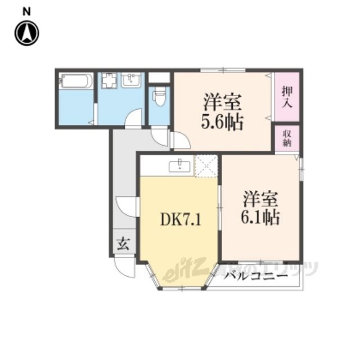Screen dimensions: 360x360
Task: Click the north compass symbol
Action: [x=26, y=33]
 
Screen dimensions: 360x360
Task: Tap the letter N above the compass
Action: [x=26, y=11]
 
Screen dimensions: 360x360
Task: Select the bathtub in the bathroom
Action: [x=76, y=81]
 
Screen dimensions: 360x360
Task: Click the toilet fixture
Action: [x=159, y=95]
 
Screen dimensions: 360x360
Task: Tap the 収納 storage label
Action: [x=287, y=138]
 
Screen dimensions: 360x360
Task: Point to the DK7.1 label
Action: [x=181, y=219]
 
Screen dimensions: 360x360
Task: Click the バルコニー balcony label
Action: [x=256, y=276]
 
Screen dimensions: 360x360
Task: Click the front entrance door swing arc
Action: [x=125, y=267]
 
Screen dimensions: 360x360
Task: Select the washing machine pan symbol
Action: [x=109, y=81]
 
